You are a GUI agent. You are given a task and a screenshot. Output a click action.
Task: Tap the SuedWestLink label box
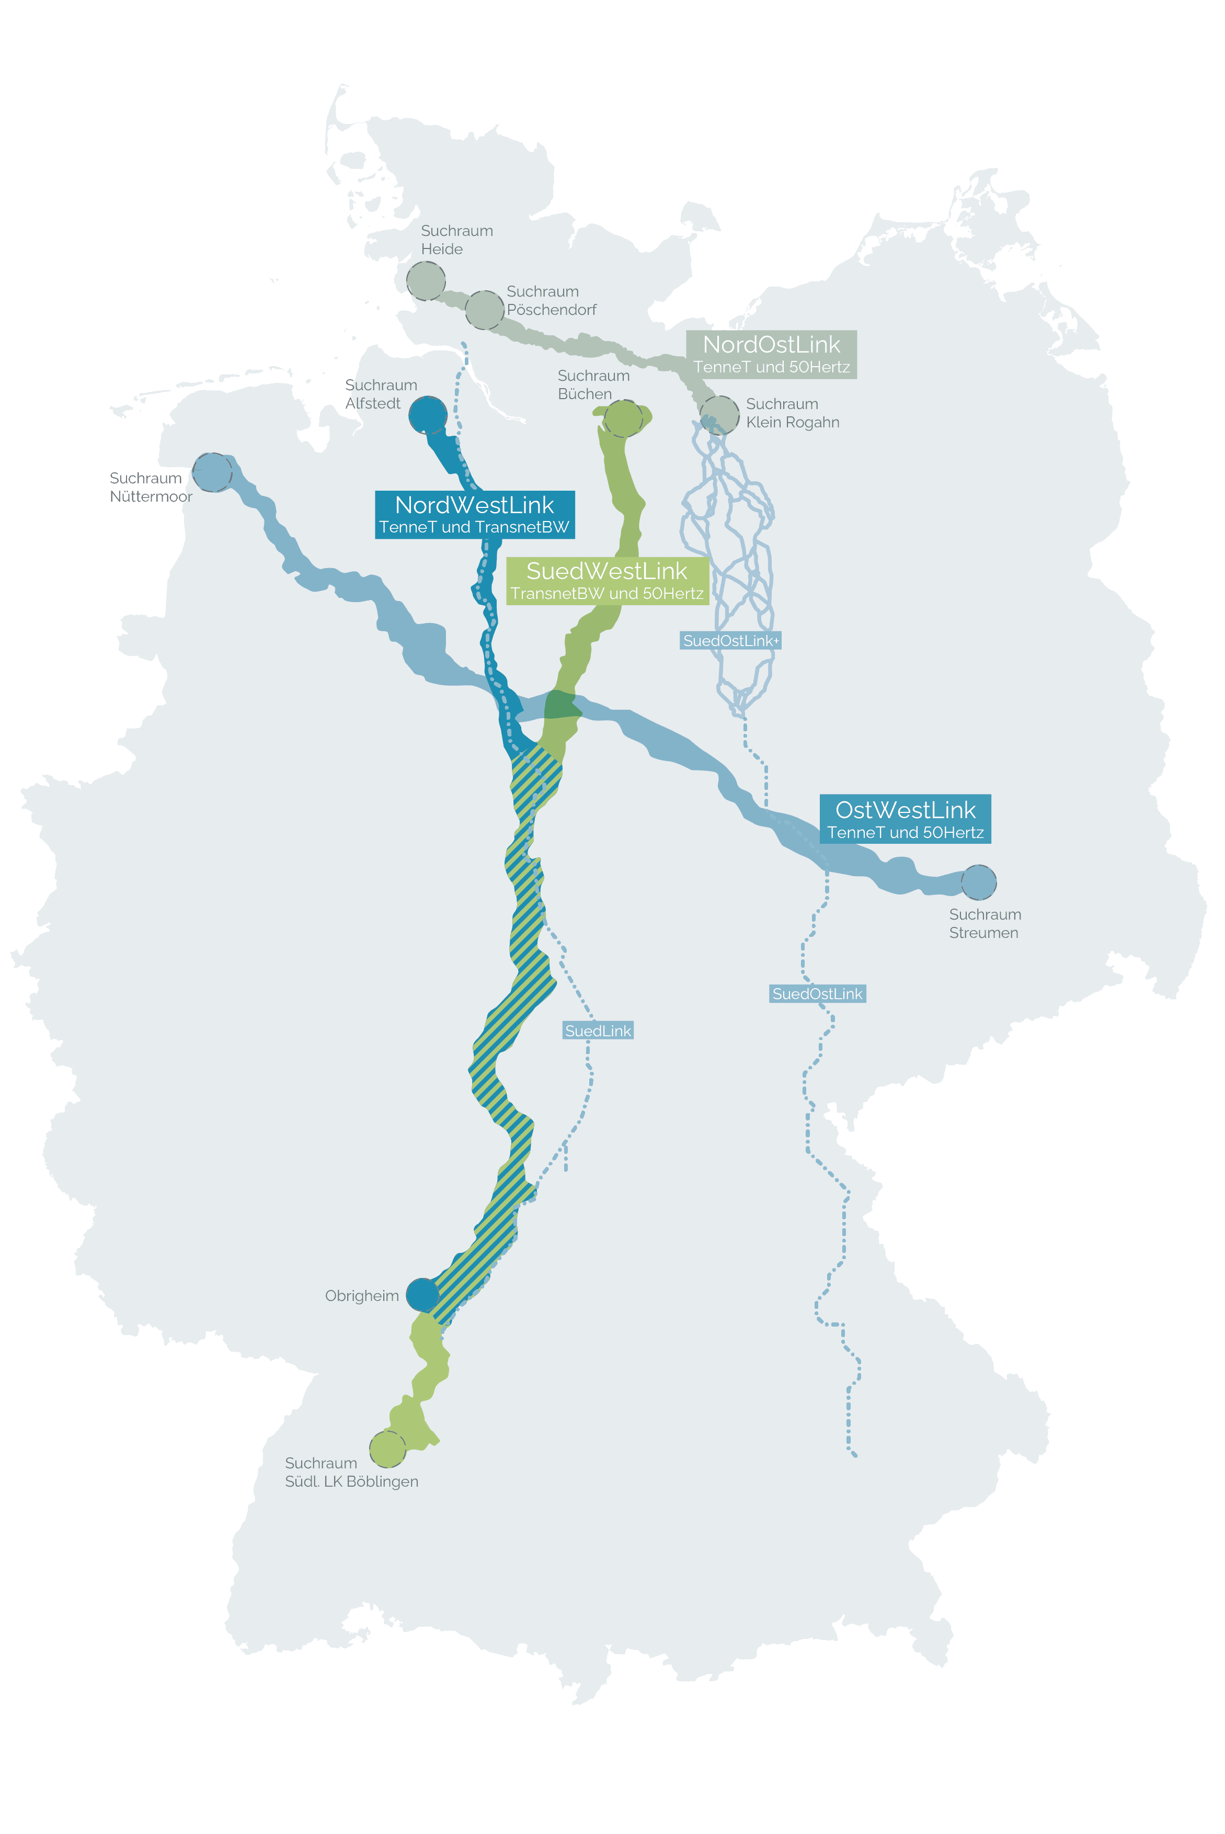607,581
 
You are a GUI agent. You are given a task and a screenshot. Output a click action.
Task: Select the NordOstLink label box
771,355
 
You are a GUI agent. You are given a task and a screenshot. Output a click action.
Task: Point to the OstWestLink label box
905,819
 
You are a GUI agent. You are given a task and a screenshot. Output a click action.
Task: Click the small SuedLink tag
598,1031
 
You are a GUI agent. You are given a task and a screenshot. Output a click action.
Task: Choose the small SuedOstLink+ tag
730,641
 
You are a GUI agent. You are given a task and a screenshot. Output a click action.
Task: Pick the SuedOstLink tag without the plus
817,994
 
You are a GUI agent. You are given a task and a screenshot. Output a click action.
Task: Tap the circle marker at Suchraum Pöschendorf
484,310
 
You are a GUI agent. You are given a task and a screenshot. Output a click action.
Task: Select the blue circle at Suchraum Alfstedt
428,415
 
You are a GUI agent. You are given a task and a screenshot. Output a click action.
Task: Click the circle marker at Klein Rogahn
719,414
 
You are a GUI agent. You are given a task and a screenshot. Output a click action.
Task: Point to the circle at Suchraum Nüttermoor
212,472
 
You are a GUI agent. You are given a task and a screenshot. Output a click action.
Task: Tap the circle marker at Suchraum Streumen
978,882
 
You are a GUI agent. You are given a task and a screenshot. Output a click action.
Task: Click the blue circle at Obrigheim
422,1295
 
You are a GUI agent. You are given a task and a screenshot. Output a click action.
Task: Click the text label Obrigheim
362,1296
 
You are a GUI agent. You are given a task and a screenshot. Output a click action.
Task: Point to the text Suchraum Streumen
984,924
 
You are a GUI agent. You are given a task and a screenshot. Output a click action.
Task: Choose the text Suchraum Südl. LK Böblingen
351,1472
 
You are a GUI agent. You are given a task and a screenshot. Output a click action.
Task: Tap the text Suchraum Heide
456,240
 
